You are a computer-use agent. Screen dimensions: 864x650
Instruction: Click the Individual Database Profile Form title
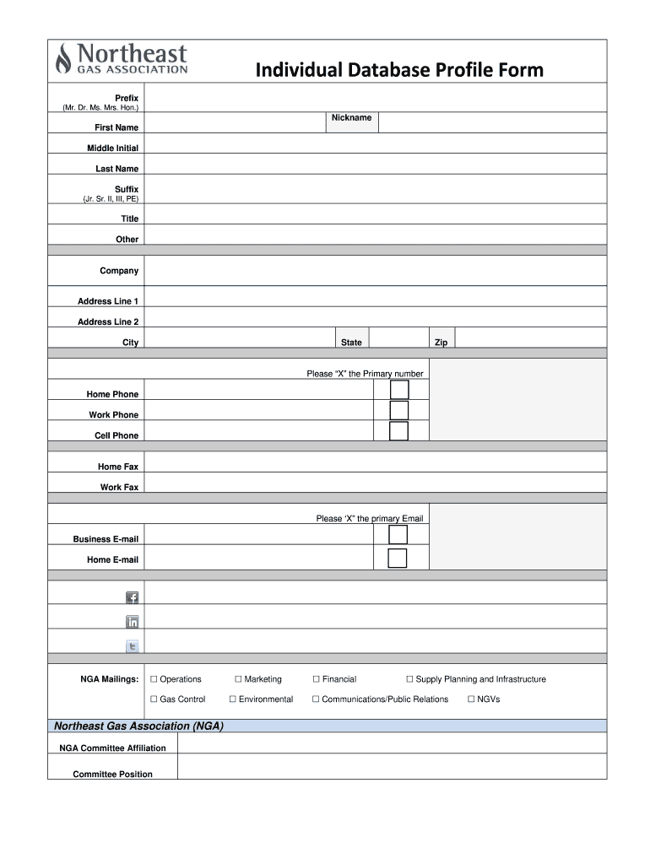click(400, 69)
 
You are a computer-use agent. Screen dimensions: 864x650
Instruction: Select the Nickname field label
click(350, 118)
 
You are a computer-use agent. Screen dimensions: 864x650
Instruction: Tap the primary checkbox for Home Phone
click(398, 390)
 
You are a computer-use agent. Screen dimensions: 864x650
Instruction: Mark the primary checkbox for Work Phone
click(398, 410)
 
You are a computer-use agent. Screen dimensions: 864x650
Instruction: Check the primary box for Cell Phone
click(398, 431)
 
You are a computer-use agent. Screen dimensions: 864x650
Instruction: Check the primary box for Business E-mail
click(398, 535)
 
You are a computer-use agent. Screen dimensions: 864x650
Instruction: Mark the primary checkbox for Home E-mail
click(398, 558)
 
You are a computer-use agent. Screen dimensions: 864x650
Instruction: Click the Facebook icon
click(132, 597)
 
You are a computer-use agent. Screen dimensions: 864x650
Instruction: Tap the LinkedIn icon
click(132, 623)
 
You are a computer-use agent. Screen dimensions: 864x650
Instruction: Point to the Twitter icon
click(132, 647)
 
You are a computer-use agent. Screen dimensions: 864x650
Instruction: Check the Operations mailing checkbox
click(154, 679)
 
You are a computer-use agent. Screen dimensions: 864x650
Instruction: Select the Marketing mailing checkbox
click(238, 679)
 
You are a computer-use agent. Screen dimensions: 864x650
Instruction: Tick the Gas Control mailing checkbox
click(154, 699)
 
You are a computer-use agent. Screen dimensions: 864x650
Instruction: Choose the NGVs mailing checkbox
click(471, 699)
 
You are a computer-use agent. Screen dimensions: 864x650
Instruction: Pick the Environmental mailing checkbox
click(233, 699)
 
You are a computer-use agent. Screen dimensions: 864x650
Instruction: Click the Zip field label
click(441, 343)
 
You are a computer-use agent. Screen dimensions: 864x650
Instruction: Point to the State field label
click(351, 343)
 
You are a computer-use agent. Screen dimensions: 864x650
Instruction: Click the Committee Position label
click(113, 775)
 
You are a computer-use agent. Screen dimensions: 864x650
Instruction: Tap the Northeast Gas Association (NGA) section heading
click(138, 726)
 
